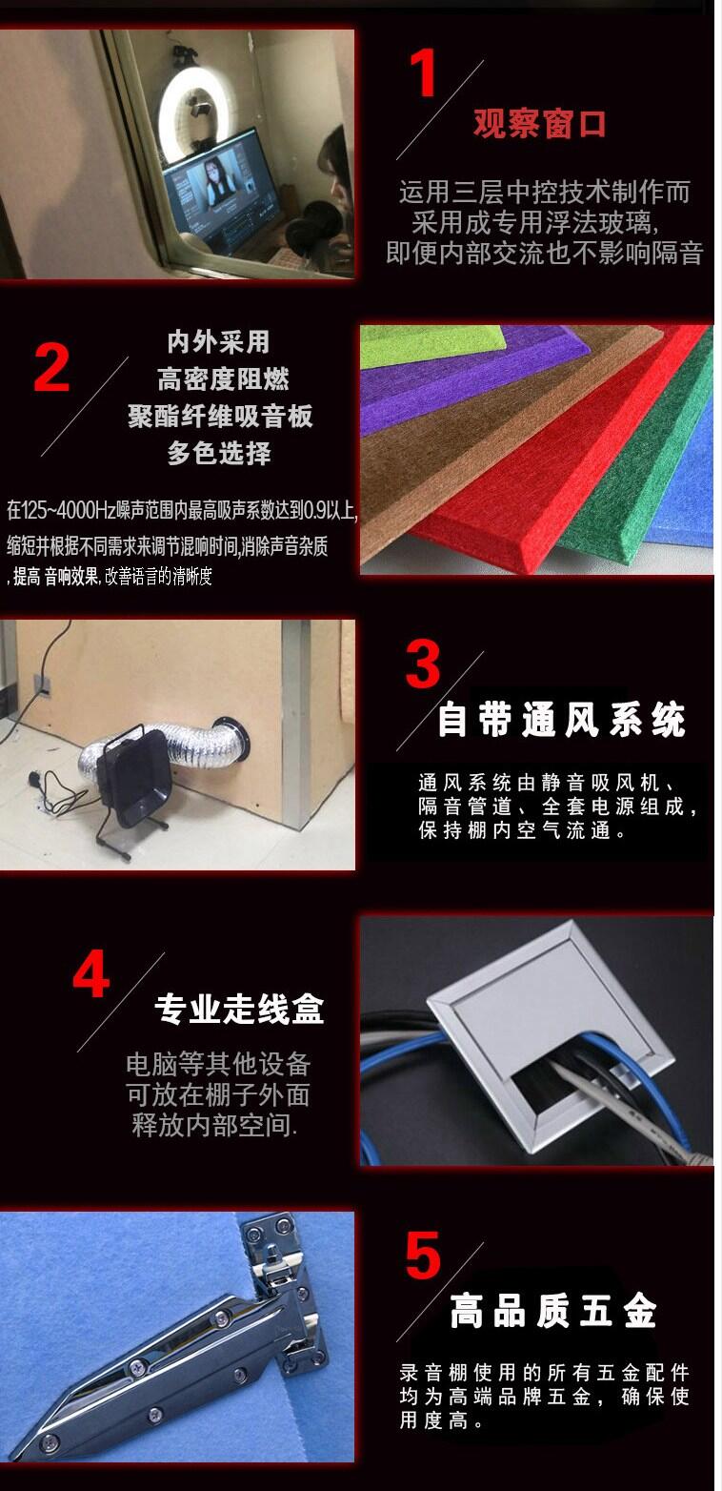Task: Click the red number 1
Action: [x=423, y=72]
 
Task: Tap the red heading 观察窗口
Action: [x=540, y=124]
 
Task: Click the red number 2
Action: [x=51, y=368]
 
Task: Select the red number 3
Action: [x=423, y=664]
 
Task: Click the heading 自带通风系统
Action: [x=561, y=720]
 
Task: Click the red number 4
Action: [x=91, y=974]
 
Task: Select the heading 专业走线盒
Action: [x=239, y=1009]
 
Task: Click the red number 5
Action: [x=423, y=1256]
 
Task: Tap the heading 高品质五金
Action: [x=553, y=1311]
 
